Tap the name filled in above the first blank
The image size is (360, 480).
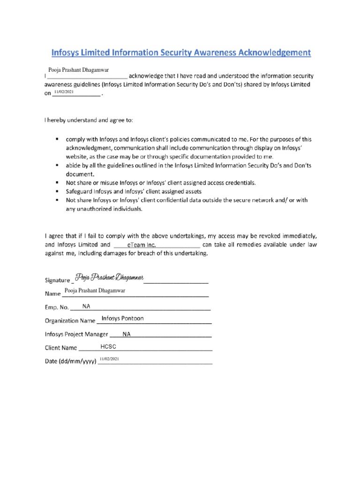tap(79, 69)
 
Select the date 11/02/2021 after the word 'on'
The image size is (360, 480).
tap(64, 92)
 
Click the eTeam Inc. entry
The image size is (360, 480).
tap(142, 245)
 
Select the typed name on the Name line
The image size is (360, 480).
tap(95, 291)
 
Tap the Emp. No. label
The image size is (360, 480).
tap(57, 308)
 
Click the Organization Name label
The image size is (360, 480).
tap(70, 322)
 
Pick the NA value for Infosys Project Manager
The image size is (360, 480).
tap(127, 334)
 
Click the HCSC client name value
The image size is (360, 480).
tap(108, 346)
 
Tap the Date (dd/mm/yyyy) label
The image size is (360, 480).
tap(70, 362)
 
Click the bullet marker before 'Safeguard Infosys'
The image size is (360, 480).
tap(57, 192)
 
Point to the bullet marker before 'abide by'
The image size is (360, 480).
tap(57, 166)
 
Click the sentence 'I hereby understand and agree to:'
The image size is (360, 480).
tap(89, 120)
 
